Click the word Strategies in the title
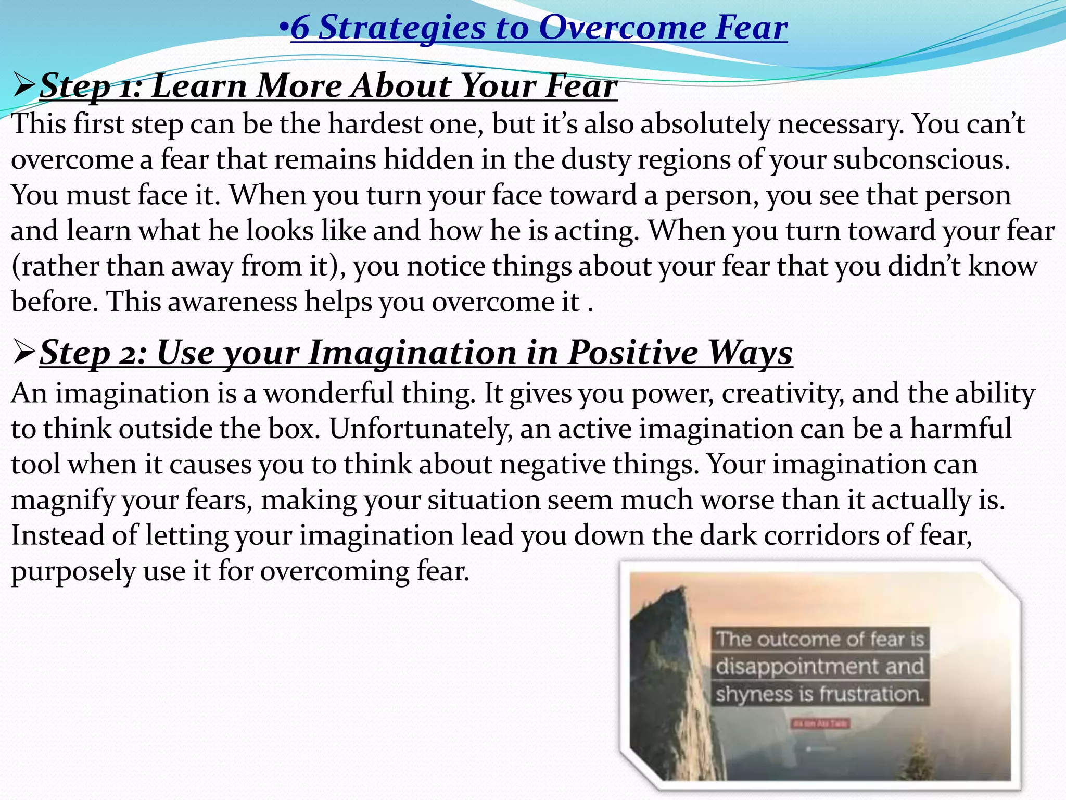coord(401,28)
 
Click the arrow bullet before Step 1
coord(24,86)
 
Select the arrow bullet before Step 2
coord(24,353)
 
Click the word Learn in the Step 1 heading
coord(199,86)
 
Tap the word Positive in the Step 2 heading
coord(633,353)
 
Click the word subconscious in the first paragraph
coord(921,160)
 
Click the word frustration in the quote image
coord(870,694)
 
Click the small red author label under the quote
coord(820,723)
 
